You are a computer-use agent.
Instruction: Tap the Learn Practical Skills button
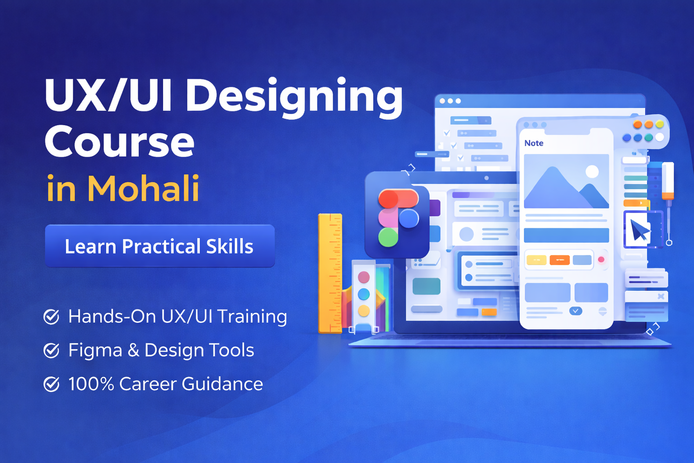(x=159, y=246)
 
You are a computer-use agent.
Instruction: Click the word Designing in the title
(x=294, y=96)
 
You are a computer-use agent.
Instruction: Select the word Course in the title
(x=120, y=142)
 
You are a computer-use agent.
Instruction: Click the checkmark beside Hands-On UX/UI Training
(x=52, y=317)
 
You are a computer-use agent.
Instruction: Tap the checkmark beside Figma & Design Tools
(x=52, y=350)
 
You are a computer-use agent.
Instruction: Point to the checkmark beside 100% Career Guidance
(x=52, y=384)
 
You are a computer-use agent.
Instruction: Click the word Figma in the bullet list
(x=95, y=350)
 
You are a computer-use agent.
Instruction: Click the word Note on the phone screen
(x=534, y=143)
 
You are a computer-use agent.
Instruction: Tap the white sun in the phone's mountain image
(x=592, y=171)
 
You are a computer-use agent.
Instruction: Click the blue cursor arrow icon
(x=639, y=230)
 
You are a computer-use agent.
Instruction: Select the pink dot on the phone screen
(x=601, y=260)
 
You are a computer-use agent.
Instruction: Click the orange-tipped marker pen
(x=668, y=181)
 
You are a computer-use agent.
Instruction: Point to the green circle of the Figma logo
(x=388, y=237)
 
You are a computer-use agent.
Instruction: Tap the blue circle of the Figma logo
(x=409, y=219)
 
